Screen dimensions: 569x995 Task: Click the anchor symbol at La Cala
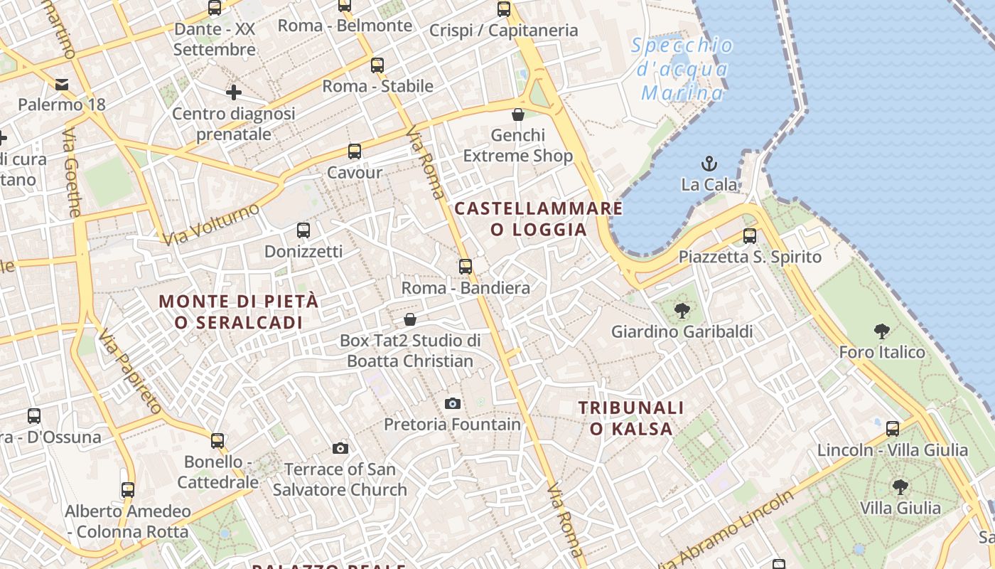coord(709,164)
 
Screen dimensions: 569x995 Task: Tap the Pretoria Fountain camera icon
coord(453,403)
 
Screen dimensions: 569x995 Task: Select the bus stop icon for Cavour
coord(354,151)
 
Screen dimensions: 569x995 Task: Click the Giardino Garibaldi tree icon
coord(682,311)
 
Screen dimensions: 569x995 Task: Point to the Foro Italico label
coord(881,352)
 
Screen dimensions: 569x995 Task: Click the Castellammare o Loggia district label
coord(539,219)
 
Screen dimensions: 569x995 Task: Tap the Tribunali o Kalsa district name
coord(631,418)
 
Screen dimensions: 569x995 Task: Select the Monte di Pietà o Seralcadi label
coord(239,312)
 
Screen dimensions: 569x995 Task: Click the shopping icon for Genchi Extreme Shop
coord(518,115)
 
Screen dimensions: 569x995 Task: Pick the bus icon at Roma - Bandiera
coord(466,267)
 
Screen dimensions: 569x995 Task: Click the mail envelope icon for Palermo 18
coord(62,85)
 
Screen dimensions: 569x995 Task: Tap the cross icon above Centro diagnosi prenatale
coord(233,92)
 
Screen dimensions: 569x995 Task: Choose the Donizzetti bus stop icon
coord(303,230)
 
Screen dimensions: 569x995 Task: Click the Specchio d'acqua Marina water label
coord(682,69)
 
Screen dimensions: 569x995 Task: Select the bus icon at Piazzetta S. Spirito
coord(750,236)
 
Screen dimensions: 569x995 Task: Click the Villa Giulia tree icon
coord(900,487)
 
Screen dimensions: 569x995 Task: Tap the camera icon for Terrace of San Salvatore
coord(340,448)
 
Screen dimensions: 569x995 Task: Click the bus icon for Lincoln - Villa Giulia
coord(893,429)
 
